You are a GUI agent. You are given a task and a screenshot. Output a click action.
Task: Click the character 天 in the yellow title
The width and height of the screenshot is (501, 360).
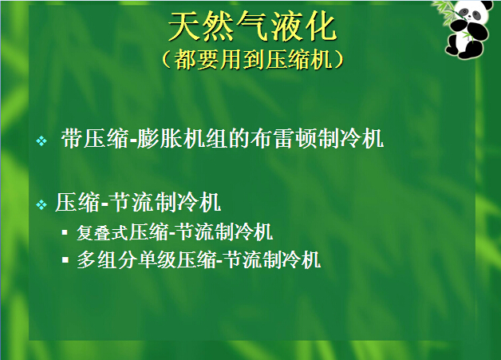[x=184, y=27]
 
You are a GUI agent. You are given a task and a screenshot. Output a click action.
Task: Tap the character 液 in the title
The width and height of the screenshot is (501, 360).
[x=286, y=27]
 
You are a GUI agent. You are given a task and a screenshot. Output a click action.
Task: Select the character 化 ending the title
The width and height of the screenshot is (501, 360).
[x=321, y=27]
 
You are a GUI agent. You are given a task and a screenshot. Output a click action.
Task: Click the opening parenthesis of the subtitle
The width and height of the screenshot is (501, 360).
[x=167, y=59]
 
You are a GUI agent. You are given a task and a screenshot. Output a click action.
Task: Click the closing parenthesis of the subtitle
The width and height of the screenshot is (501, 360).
[x=338, y=59]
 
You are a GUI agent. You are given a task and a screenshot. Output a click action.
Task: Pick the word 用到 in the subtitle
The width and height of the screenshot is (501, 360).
[x=243, y=59]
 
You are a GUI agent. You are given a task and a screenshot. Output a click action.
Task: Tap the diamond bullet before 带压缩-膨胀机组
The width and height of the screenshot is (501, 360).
[x=41, y=140]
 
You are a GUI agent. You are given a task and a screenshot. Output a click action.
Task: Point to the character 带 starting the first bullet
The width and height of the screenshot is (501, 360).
[x=73, y=139]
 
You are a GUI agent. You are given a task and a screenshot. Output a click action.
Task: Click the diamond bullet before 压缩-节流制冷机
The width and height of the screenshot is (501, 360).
[x=41, y=204]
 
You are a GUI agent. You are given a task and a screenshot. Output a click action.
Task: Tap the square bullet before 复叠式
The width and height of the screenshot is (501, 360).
[x=65, y=232]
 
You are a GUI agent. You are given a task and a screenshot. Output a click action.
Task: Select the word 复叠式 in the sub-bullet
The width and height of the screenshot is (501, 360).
[x=103, y=232]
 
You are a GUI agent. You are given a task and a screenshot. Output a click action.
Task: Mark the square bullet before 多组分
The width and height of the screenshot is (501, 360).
[x=65, y=259]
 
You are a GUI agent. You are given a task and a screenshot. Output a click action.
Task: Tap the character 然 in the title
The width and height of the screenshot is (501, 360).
[x=219, y=27]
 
